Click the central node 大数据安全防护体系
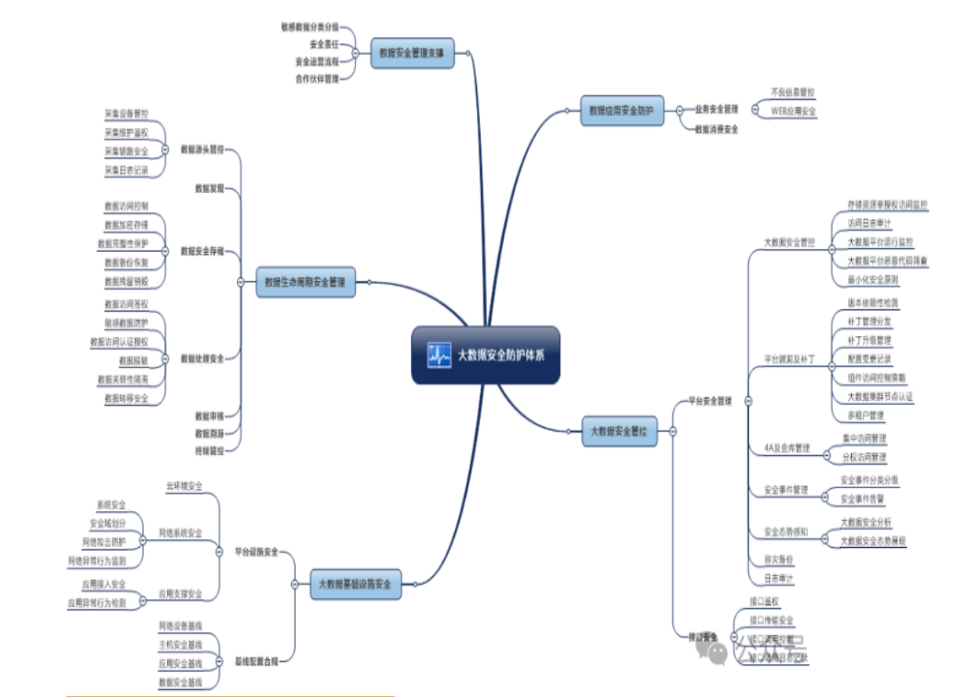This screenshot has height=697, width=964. click(486, 355)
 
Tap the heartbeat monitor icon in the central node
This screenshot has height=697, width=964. click(437, 355)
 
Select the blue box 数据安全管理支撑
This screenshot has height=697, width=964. click(412, 53)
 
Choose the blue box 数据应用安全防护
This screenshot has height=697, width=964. click(620, 111)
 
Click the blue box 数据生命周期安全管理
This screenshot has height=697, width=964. click(306, 281)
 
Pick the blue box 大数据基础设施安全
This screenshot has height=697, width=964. click(355, 584)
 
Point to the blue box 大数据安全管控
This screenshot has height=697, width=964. click(619, 431)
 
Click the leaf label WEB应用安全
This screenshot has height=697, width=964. click(793, 111)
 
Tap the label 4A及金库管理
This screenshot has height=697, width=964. click(787, 448)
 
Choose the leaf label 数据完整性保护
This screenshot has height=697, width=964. click(123, 243)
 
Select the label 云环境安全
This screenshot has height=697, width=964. click(184, 487)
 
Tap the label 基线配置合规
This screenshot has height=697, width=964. click(256, 661)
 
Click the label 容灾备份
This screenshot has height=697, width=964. click(779, 560)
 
